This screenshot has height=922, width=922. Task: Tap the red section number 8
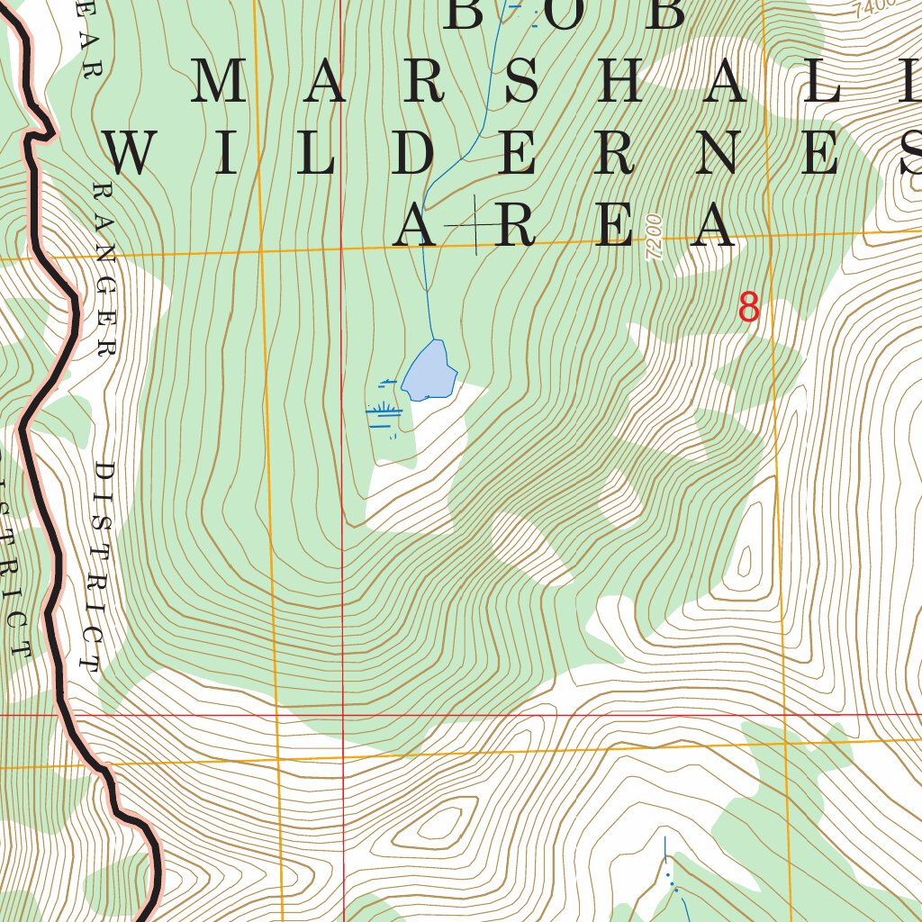click(748, 309)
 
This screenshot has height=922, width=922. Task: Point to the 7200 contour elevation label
click(654, 238)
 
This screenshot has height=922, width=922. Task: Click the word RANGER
click(106, 269)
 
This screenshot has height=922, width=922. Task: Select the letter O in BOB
click(565, 13)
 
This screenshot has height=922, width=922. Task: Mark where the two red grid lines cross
click(342, 715)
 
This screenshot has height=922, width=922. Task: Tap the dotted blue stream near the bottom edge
click(671, 878)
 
